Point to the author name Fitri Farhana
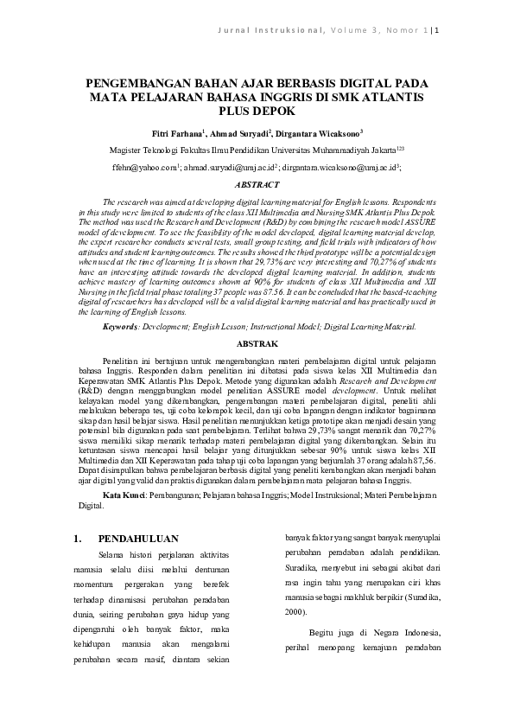177,134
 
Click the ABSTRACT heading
257,184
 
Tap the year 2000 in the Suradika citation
295,611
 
